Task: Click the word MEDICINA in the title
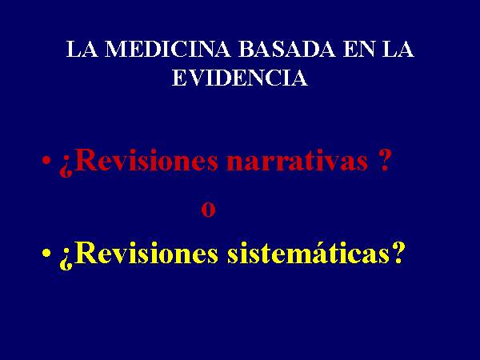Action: point(168,49)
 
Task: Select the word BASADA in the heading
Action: point(287,49)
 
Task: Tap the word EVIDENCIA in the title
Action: point(240,78)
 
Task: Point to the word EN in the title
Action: point(358,49)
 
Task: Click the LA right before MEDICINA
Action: point(82,49)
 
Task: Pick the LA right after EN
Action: point(398,49)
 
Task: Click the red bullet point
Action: point(46,160)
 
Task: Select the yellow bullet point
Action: point(46,253)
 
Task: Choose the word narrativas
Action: point(297,161)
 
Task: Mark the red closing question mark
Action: point(384,160)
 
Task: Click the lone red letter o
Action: point(208,210)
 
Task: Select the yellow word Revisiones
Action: point(146,253)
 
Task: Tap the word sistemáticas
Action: point(308,253)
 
